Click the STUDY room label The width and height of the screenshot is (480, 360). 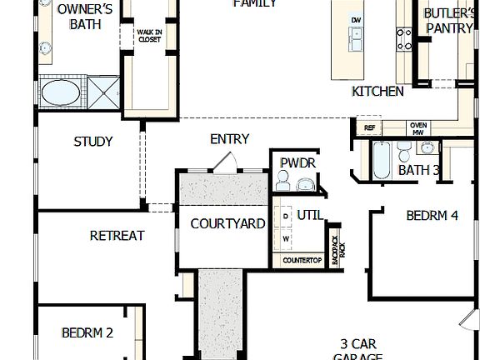[x=93, y=142]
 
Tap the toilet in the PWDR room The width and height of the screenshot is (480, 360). [x=282, y=181]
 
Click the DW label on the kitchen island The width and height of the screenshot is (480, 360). [x=356, y=19]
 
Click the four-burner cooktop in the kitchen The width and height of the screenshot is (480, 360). [x=404, y=37]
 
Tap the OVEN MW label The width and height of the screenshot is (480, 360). [x=418, y=127]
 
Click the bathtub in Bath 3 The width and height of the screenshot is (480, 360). [x=380, y=160]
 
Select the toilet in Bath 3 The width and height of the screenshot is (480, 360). [x=404, y=152]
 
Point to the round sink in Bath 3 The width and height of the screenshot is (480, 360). [x=427, y=149]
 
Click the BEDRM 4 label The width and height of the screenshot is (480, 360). [x=432, y=216]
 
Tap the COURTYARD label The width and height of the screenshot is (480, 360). [x=227, y=224]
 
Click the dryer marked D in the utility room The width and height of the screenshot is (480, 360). [x=286, y=217]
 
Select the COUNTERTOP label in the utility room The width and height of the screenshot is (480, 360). [x=302, y=261]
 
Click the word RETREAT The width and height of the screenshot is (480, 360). [x=117, y=236]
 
